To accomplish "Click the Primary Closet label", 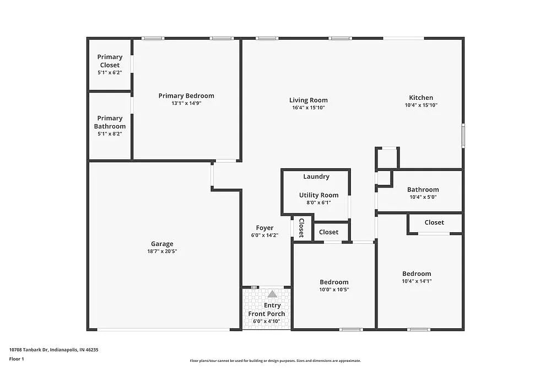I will (110, 61).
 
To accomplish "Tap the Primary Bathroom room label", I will (110, 122).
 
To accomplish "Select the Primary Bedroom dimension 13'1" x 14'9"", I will (186, 103).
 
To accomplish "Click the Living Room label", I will (309, 100).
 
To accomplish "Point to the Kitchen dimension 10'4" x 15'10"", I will (421, 105).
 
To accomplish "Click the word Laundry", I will (316, 177).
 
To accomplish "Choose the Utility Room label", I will (318, 195).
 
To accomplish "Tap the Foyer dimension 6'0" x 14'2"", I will (264, 236).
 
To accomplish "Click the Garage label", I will (162, 244).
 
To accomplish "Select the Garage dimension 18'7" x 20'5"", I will (162, 252).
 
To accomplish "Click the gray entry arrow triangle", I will (272, 295).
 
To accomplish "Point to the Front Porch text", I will (267, 314).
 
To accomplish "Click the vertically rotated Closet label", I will (301, 228).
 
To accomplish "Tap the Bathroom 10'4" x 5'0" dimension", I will (423, 197).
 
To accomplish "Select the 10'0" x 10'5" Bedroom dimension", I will (334, 290).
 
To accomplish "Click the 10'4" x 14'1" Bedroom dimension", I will (417, 281).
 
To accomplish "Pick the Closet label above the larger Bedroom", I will (434, 222).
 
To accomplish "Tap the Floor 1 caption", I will (17, 359).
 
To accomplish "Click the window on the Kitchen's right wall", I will (463, 136).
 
